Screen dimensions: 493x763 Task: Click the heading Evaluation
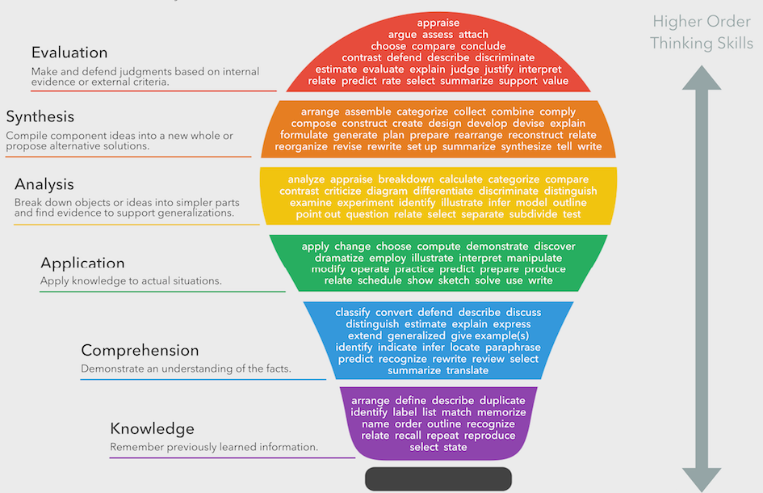point(69,53)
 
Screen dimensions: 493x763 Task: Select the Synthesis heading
point(40,117)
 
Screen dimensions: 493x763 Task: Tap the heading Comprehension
point(140,350)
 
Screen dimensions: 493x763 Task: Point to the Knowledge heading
point(153,428)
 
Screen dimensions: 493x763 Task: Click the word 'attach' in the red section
point(473,35)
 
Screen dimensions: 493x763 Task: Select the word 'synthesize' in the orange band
point(526,147)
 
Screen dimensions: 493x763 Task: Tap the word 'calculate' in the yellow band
point(461,179)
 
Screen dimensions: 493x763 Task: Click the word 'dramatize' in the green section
point(339,258)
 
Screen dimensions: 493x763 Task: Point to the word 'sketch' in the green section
point(453,280)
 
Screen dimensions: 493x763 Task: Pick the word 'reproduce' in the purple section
point(490,436)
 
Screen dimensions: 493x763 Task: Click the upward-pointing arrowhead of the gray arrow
point(701,79)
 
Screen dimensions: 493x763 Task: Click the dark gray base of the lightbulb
point(438,478)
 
